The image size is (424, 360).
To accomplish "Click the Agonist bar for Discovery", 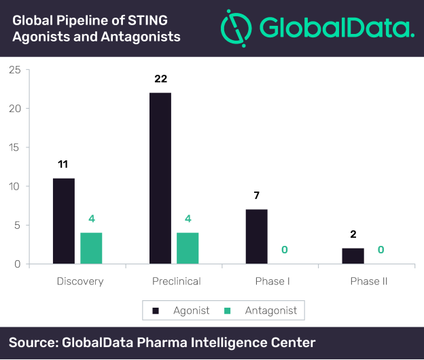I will (x=64, y=221).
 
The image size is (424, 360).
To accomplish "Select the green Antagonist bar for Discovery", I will (x=91, y=248).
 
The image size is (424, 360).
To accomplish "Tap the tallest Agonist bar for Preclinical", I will (x=160, y=178).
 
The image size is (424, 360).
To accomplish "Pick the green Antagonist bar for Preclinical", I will (x=188, y=248).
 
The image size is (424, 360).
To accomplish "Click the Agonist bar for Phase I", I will (x=257, y=236).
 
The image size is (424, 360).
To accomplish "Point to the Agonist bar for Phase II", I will (x=353, y=256).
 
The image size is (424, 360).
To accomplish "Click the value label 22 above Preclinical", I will (x=160, y=79).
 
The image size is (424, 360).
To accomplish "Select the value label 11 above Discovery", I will (x=63, y=164).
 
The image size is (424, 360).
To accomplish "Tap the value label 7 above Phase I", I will (x=256, y=196).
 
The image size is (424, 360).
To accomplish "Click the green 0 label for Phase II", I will (x=381, y=250).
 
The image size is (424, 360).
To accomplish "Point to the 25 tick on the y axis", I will (x=15, y=69).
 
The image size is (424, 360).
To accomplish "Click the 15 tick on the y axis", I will (x=15, y=147).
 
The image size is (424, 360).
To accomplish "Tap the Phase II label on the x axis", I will (x=368, y=281).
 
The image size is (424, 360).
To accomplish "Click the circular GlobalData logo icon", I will (x=237, y=27).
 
